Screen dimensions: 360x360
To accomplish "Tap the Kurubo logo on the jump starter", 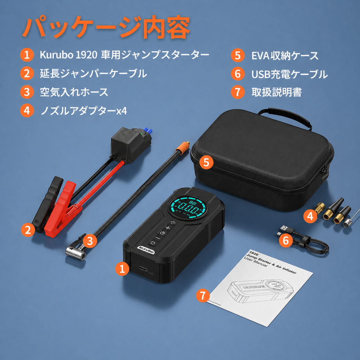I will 146,250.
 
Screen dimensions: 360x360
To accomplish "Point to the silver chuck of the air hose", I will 75,252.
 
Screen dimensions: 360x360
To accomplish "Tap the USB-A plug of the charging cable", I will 284,228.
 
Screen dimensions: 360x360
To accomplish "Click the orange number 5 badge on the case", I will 206,162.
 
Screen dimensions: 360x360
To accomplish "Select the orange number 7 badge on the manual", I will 203,295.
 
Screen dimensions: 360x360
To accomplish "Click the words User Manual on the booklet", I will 256,262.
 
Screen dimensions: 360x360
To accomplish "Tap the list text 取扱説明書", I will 276,92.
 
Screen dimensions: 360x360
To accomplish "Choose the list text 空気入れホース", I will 74,92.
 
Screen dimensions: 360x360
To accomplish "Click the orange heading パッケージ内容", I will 106,27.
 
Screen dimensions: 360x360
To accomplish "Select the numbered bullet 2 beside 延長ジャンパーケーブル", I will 27,73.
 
